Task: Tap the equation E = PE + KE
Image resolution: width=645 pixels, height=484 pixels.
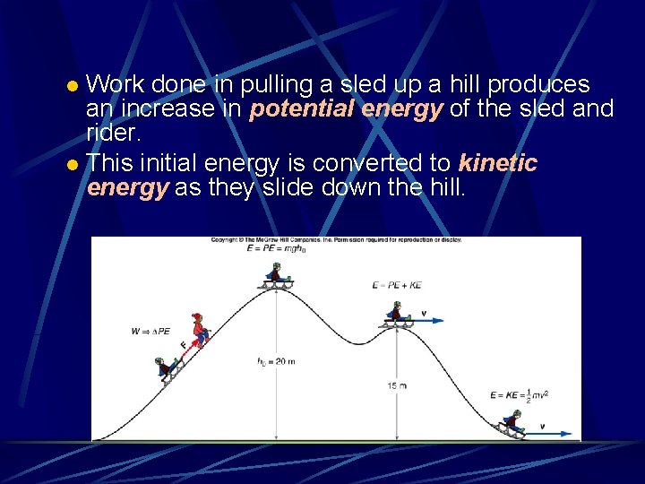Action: click(x=397, y=285)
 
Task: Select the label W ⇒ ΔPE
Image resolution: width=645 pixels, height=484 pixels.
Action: click(x=150, y=332)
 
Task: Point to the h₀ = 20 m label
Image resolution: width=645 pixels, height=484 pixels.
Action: click(x=276, y=361)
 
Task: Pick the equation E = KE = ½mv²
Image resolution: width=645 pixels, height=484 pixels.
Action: click(x=519, y=394)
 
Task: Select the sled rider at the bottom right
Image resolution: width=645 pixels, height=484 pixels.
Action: click(x=513, y=422)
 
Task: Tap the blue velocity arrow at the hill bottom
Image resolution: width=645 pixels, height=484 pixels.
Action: click(x=551, y=434)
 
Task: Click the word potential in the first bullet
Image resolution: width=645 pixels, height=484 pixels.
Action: click(x=302, y=109)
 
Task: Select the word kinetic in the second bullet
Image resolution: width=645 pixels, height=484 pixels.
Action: click(x=497, y=163)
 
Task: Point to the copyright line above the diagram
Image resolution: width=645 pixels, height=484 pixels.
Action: click(x=337, y=240)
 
